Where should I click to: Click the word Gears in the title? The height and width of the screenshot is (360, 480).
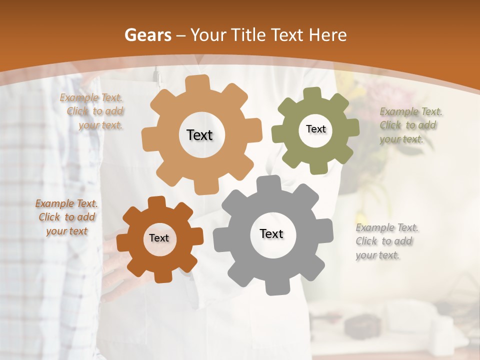click(147, 35)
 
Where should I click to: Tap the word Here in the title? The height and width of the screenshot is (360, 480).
click(327, 35)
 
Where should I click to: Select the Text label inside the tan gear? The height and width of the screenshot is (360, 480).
click(199, 135)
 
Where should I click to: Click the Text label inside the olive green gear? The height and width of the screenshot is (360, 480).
click(315, 129)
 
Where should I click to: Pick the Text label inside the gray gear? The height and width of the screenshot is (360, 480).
click(271, 233)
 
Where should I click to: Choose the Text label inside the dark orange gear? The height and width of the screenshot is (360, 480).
click(159, 238)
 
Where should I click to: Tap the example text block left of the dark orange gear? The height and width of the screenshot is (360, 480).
click(66, 217)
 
